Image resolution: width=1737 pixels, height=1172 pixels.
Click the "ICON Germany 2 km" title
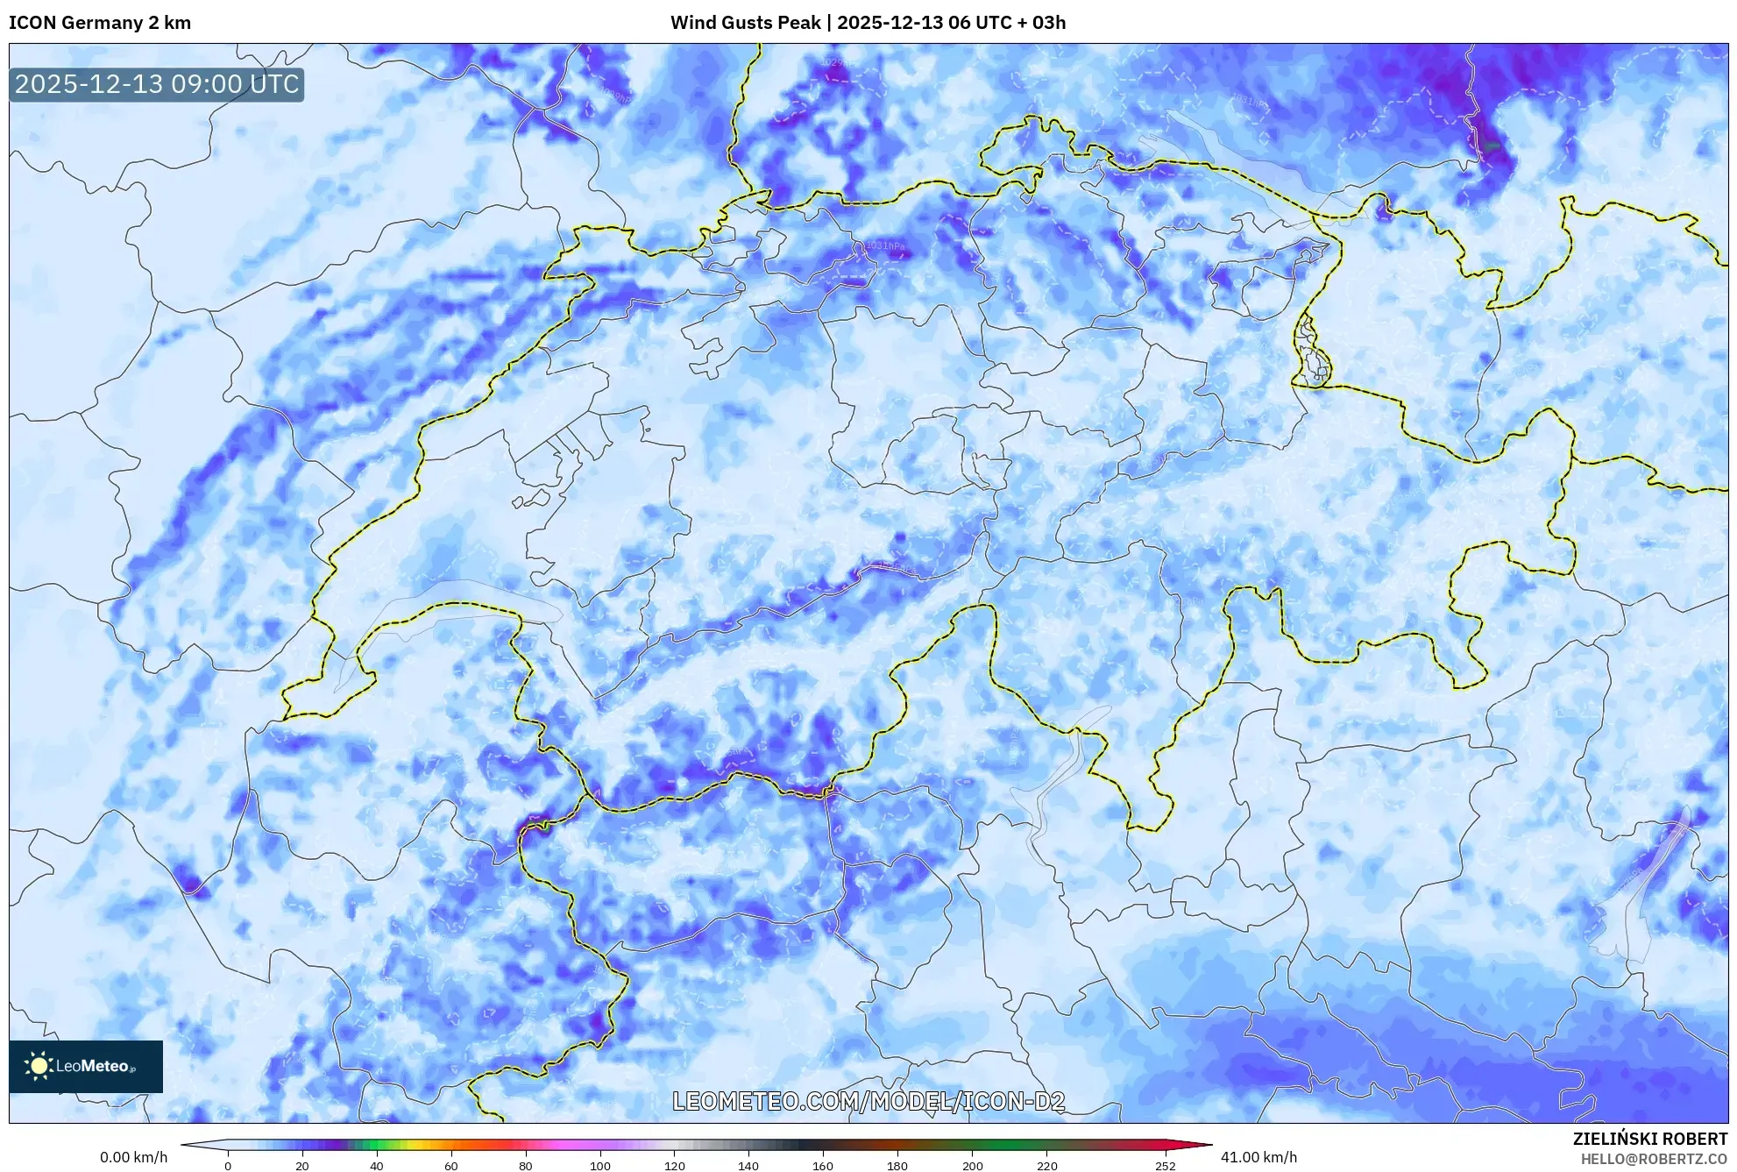click(x=100, y=23)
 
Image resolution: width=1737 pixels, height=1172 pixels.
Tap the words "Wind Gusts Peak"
click(x=745, y=23)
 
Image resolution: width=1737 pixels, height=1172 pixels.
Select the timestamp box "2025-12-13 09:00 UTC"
click(x=157, y=84)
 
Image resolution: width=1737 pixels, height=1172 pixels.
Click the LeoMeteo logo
click(x=86, y=1066)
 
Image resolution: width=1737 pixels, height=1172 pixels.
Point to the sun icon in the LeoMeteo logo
click(x=39, y=1066)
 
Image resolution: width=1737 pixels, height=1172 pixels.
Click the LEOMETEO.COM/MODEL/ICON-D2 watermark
click(x=868, y=1102)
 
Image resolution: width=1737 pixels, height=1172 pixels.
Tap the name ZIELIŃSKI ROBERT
click(x=1650, y=1139)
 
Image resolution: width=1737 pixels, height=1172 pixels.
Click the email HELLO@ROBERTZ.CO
click(x=1654, y=1159)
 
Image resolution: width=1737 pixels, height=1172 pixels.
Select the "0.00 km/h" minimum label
click(x=133, y=1157)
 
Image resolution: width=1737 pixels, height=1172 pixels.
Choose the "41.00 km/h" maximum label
click(x=1258, y=1157)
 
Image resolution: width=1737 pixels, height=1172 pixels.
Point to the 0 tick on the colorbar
click(x=228, y=1166)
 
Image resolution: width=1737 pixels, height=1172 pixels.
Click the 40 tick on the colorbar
click(x=377, y=1166)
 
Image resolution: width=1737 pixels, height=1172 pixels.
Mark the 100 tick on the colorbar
click(x=600, y=1166)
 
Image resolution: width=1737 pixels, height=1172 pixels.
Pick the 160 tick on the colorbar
click(x=823, y=1166)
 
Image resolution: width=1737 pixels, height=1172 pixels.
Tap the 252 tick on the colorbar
click(x=1166, y=1166)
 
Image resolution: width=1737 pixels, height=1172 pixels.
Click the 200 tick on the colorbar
click(x=972, y=1166)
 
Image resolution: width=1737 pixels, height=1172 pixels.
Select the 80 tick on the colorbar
click(x=526, y=1166)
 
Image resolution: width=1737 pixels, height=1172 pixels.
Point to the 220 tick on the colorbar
click(x=1046, y=1166)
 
